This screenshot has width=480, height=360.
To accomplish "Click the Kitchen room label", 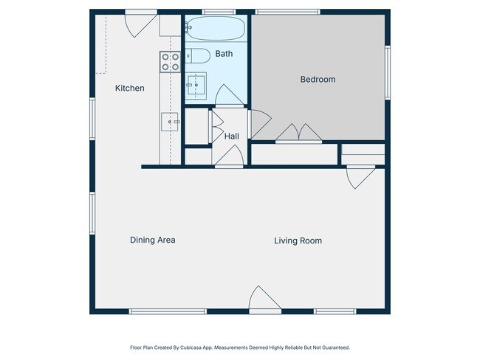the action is pos(129,88).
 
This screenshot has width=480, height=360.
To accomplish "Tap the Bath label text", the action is pos(224,54).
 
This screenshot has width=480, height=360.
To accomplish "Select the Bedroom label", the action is pos(318,80).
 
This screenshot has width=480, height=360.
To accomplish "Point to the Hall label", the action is pos(231,136).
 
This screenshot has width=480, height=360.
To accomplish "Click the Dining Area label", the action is pos(152,240).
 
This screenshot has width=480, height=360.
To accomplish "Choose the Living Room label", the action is pos(298,240).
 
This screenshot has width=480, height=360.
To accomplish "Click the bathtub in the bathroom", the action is pos(216,28).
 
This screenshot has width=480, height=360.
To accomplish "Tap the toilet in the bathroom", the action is pos(198,55).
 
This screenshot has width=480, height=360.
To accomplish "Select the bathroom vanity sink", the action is pos(196,86).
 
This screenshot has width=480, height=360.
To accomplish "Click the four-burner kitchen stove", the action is pos(170,62).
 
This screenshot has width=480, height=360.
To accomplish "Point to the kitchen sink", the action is pos(170,122).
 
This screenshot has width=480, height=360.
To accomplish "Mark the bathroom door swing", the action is pos(230,95).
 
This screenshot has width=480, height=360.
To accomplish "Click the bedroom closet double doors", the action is pos(298,133).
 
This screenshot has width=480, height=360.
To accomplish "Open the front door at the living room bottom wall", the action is pos(265,298).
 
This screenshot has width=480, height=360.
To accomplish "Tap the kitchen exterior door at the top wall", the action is pos(141,24).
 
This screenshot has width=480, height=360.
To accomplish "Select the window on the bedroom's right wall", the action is pos(388,72).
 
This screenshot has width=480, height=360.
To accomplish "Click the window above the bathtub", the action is pos(219,12).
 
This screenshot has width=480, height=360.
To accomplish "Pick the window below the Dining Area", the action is pos(168,311).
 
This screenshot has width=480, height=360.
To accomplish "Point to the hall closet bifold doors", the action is pos(216,127).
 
